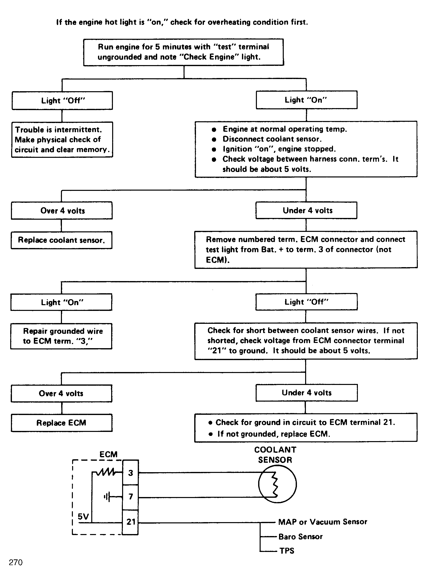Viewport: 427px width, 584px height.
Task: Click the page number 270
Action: click(x=15, y=562)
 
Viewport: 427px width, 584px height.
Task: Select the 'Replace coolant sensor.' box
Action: click(x=61, y=240)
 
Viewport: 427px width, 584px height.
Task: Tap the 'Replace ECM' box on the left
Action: click(x=61, y=423)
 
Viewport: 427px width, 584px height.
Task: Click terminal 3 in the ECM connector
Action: click(x=131, y=473)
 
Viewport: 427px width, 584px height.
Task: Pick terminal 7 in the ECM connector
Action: click(x=131, y=497)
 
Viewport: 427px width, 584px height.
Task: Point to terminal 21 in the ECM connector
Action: click(x=131, y=522)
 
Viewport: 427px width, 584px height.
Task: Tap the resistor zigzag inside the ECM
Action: click(x=106, y=472)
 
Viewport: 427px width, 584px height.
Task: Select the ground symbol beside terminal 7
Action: click(x=107, y=497)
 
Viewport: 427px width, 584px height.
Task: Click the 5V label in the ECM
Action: click(x=83, y=517)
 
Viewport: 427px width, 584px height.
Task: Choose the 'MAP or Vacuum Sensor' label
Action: click(x=323, y=522)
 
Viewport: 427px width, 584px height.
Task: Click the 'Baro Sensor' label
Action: click(x=300, y=537)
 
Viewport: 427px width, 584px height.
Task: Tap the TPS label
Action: click(x=287, y=551)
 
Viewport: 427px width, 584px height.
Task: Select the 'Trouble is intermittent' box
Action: click(x=62, y=139)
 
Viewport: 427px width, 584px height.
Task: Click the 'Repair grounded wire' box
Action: click(x=61, y=336)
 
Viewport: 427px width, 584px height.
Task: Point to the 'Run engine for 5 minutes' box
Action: click(x=184, y=52)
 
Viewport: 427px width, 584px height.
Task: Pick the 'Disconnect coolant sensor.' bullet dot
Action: click(x=214, y=139)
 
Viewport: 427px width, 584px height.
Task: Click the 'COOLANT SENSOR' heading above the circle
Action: click(x=275, y=455)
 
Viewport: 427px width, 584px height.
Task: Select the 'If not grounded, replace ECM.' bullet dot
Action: click(x=211, y=434)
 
